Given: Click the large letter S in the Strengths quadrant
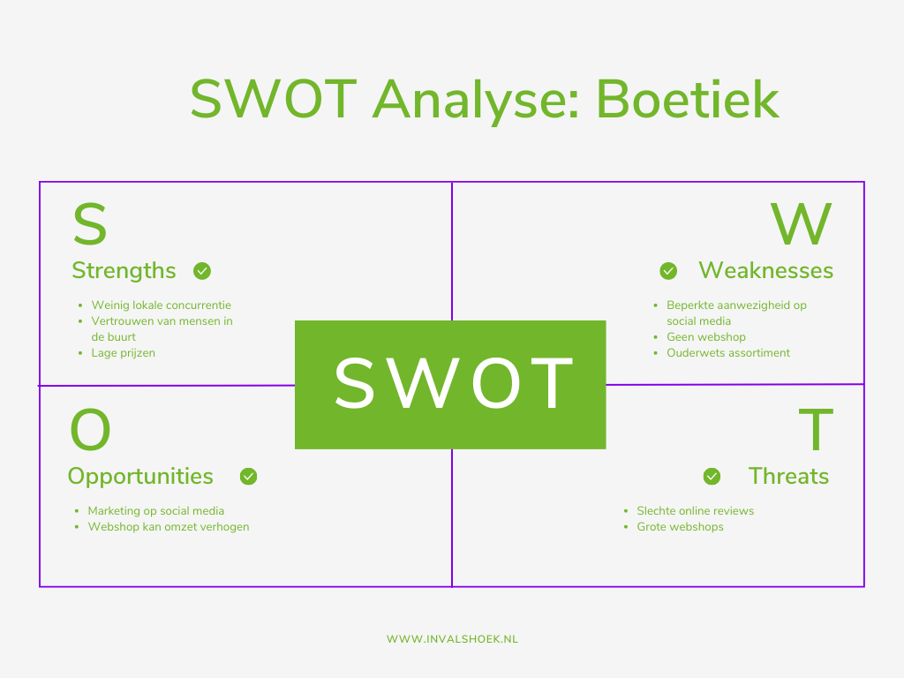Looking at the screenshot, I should [x=89, y=226].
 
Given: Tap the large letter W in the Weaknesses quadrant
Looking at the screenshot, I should [x=802, y=226].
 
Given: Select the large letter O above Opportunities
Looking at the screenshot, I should [x=90, y=431].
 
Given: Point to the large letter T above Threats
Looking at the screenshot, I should [x=816, y=431].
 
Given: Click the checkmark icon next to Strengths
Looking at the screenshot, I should [x=202, y=271].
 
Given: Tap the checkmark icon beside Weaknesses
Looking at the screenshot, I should [x=668, y=271].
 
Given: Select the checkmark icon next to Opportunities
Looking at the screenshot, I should [x=249, y=477].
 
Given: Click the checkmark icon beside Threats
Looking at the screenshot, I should [x=712, y=477].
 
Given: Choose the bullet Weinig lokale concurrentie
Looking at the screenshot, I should [x=161, y=305].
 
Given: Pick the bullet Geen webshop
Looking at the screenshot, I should [x=705, y=337].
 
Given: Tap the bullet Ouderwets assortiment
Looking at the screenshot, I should [x=728, y=353].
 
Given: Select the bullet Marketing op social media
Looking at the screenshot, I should [x=155, y=511].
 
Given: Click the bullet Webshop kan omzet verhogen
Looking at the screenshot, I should [x=168, y=527].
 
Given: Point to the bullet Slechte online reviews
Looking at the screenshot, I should [x=695, y=511].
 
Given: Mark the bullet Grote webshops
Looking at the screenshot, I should [x=680, y=527].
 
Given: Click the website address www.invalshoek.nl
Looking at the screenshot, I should [x=452, y=639].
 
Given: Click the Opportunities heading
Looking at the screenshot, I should [x=140, y=477].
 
